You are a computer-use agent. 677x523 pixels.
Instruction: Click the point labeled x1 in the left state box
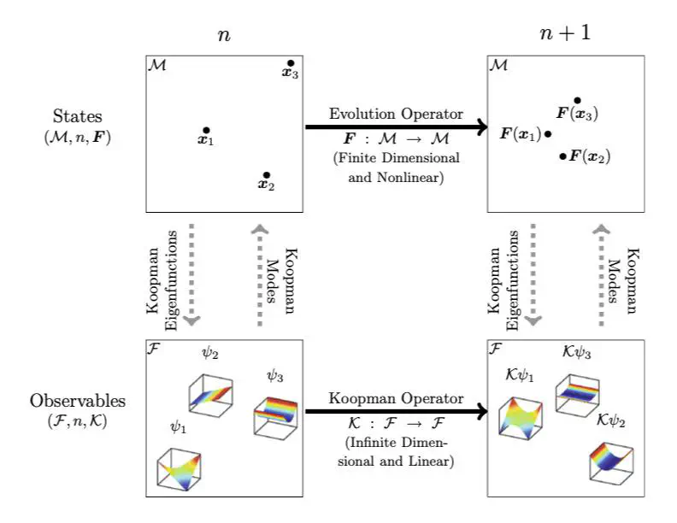[x=205, y=130]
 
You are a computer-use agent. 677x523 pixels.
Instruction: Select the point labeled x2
[x=267, y=175]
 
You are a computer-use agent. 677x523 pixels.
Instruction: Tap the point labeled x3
[x=291, y=63]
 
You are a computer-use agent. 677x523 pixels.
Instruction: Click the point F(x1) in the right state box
[x=548, y=134]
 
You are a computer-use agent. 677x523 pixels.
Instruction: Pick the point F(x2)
[x=562, y=156]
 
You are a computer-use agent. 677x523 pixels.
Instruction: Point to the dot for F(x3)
[x=578, y=101]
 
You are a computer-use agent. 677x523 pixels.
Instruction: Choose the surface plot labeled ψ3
[x=275, y=416]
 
